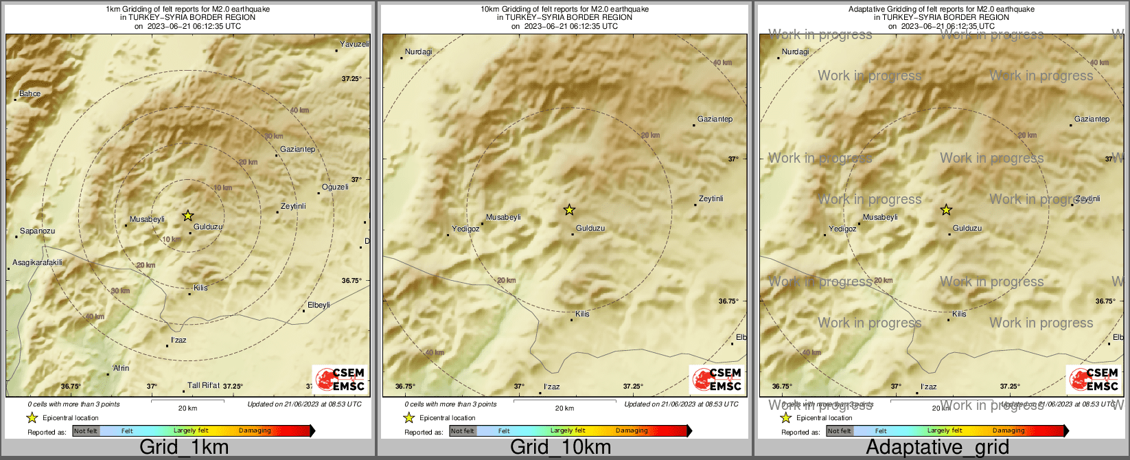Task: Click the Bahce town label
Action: click(x=30, y=93)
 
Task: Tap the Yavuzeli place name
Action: click(x=354, y=44)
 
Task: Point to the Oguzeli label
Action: click(x=335, y=187)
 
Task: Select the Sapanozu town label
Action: click(x=37, y=231)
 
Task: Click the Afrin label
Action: click(x=121, y=368)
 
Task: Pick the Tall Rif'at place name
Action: click(x=203, y=385)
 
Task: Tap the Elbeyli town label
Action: click(x=319, y=305)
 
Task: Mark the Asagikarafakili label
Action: click(x=37, y=262)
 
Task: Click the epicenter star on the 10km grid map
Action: click(x=569, y=209)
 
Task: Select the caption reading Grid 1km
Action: click(x=184, y=448)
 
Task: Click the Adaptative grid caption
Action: click(x=937, y=448)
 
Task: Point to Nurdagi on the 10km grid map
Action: click(x=419, y=51)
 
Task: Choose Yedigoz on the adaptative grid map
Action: click(x=842, y=229)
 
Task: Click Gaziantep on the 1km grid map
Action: click(x=297, y=149)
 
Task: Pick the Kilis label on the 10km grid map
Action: click(x=582, y=314)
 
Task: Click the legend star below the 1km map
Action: click(x=32, y=417)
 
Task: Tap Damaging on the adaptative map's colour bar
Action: click(x=1008, y=430)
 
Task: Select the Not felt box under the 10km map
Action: click(x=463, y=431)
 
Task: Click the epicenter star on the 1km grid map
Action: click(x=187, y=216)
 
